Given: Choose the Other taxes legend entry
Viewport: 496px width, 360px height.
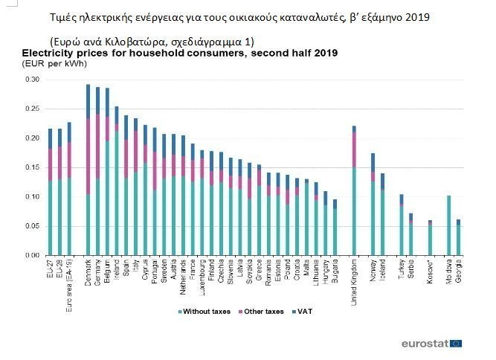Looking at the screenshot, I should (264, 311).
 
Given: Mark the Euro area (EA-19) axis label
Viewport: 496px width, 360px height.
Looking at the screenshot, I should (69, 280).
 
